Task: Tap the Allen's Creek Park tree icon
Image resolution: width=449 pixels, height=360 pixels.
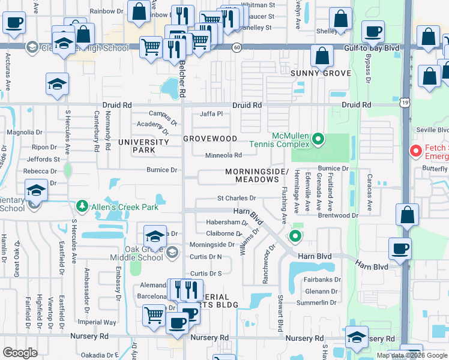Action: (x=82, y=206)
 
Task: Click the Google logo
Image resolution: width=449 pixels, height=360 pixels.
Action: (x=20, y=353)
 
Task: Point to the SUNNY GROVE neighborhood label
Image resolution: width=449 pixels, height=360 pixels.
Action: (x=321, y=73)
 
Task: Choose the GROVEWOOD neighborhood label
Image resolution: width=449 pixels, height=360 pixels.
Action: (x=210, y=139)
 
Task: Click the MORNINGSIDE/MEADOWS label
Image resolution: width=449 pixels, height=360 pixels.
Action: (x=252, y=176)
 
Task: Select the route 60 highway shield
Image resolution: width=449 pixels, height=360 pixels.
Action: (x=238, y=47)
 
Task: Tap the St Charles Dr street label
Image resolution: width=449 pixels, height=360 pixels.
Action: (x=236, y=198)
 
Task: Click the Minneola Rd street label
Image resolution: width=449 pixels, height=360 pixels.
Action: (x=223, y=155)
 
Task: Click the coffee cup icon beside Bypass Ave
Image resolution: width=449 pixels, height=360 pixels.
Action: (x=373, y=32)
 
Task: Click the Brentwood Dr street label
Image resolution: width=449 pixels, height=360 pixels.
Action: (x=338, y=215)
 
